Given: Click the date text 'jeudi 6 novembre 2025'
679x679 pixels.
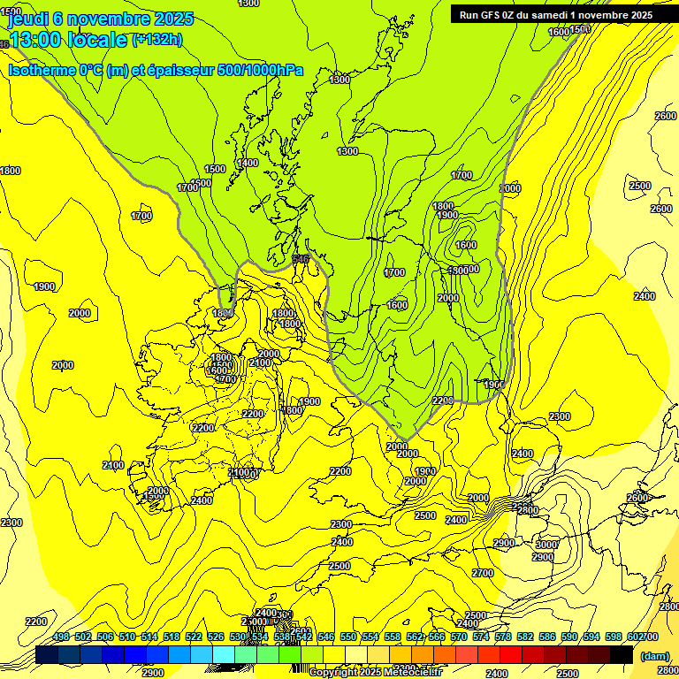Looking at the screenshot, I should point(100,19).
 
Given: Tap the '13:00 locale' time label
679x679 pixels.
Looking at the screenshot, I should point(69,40).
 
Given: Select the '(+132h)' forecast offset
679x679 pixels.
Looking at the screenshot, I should point(156,39).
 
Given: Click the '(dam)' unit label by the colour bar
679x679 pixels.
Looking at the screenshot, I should point(653,655).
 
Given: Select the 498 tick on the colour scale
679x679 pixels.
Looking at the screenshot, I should point(61,637).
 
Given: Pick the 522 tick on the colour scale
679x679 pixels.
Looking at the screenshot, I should point(194,637).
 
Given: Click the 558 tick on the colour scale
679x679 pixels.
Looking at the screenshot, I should point(393,637).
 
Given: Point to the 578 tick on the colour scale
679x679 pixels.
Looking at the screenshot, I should point(503,637).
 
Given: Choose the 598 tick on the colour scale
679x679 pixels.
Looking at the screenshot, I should point(614,637).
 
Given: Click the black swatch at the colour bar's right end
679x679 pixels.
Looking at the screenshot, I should point(622,654).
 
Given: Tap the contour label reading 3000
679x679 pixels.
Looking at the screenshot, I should point(547,545).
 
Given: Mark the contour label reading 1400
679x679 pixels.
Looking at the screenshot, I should point(248,163).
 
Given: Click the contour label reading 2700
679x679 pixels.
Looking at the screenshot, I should point(483,573).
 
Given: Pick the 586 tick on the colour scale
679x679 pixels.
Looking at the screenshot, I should point(547,637).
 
